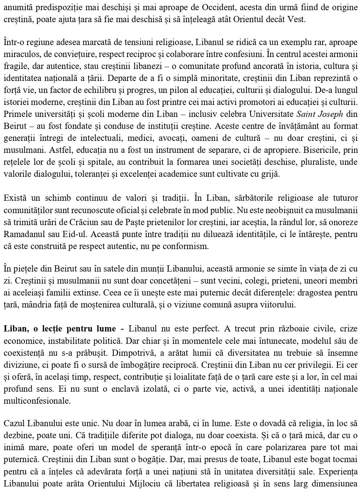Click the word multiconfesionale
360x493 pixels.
[32, 401]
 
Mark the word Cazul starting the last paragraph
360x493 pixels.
[13, 423]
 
